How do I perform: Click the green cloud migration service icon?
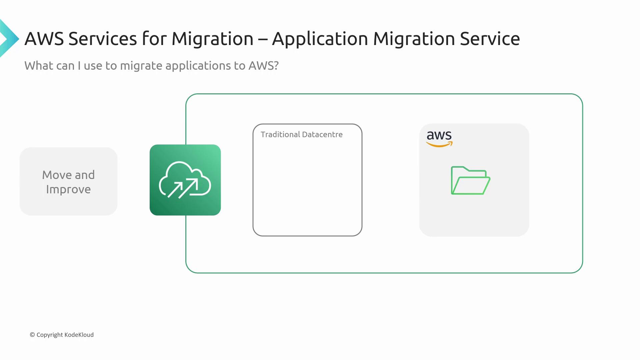(185, 180)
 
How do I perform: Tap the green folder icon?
(470, 180)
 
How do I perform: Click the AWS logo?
(439, 139)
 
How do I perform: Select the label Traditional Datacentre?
(302, 134)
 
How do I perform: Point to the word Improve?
(68, 190)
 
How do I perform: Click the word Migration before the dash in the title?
(212, 39)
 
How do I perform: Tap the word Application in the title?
(320, 39)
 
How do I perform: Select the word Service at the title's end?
(490, 39)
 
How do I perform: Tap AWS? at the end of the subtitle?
(263, 66)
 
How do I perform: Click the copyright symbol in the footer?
(32, 335)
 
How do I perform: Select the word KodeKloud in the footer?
(79, 335)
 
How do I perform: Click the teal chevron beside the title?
(10, 38)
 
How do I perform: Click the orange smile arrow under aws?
(439, 144)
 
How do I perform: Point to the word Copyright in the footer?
(50, 335)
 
